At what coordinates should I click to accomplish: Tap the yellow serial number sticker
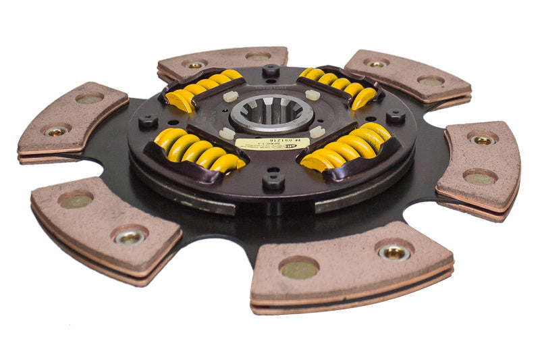click(x=272, y=143)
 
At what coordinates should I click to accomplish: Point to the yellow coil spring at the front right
click(x=347, y=147)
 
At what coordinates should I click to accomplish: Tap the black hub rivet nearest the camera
click(x=273, y=179)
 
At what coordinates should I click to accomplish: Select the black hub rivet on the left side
click(x=148, y=122)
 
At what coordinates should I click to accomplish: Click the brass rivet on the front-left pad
click(x=130, y=236)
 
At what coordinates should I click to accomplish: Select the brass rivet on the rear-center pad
click(x=195, y=65)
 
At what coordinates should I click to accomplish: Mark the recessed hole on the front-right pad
click(x=298, y=269)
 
